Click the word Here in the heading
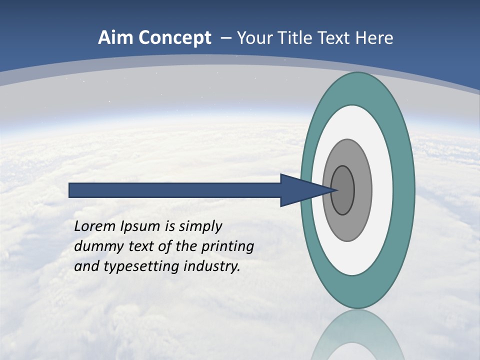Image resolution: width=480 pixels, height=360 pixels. (x=374, y=38)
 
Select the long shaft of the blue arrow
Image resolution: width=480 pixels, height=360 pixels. (x=175, y=190)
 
